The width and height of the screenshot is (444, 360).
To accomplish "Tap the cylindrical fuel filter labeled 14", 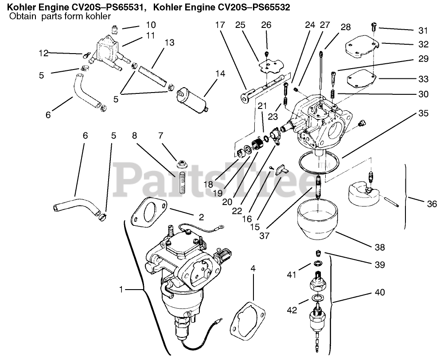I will [x=193, y=100].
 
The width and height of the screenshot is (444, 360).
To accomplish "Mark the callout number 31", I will [x=423, y=31].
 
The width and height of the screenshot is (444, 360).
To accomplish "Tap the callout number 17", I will [x=220, y=25].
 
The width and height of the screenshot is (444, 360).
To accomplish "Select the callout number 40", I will [x=379, y=292].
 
